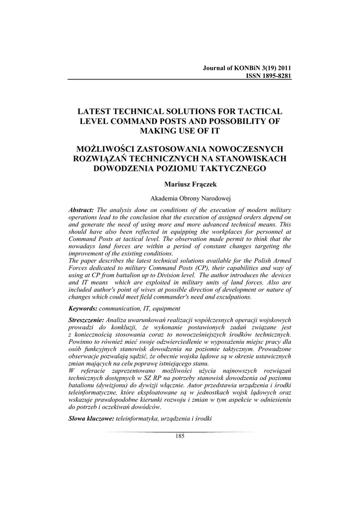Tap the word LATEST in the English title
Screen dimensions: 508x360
97,111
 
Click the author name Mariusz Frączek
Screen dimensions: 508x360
179,185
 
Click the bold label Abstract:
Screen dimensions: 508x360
81,210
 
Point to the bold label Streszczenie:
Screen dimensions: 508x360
86,320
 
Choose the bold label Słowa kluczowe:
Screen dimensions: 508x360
90,418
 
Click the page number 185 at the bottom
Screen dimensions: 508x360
180,436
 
